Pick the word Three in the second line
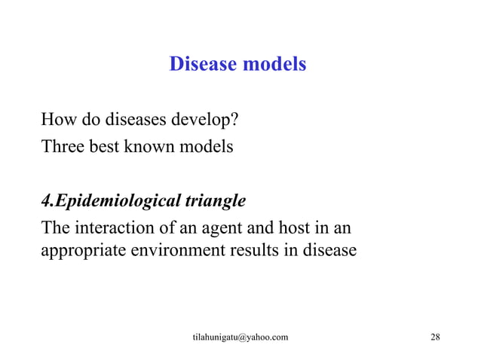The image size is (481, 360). (61, 146)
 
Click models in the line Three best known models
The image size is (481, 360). (206, 146)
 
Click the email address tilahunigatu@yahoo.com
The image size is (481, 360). (240, 337)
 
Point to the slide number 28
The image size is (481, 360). (434, 337)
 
